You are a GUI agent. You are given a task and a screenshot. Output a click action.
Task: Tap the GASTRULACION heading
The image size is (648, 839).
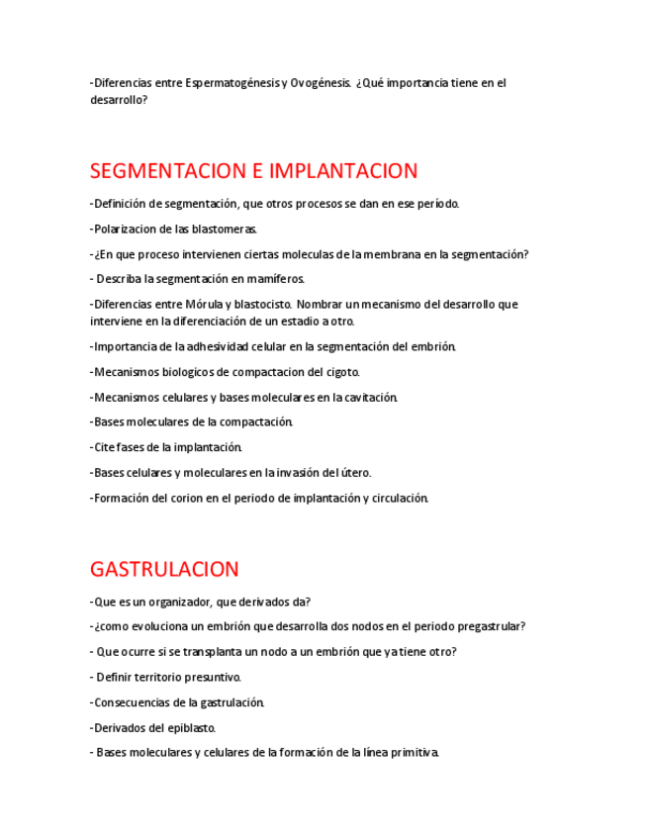point(164,569)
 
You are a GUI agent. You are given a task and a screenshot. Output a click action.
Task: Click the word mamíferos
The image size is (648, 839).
point(273,279)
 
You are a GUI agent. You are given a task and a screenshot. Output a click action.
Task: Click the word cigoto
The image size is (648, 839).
point(340,372)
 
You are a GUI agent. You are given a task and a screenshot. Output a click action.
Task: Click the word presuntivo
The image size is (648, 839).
point(211,678)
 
